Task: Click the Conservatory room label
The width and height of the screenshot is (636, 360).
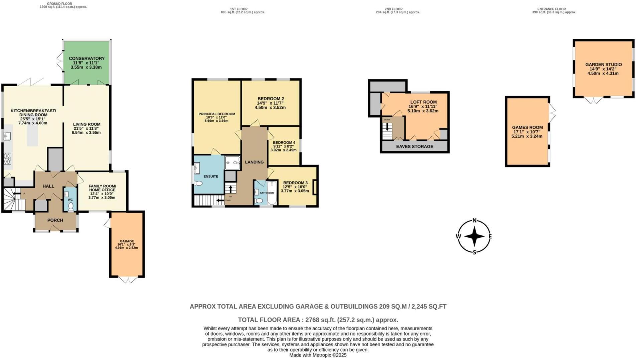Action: point(87,58)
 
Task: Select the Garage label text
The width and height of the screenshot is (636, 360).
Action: point(127,241)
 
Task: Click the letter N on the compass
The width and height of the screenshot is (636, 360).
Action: point(474,220)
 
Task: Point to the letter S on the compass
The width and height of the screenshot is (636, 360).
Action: point(474,252)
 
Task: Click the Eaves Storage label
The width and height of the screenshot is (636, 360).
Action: point(415,146)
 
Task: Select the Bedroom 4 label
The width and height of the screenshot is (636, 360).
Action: point(284,142)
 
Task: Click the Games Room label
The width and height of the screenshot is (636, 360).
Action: point(527,127)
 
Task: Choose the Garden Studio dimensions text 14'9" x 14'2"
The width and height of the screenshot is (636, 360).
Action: point(603,69)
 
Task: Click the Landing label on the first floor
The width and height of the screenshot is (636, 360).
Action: point(254,162)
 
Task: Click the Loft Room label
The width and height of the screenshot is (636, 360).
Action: point(423,102)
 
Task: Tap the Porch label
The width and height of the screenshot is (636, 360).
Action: point(55,220)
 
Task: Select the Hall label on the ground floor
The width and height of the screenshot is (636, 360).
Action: point(48,186)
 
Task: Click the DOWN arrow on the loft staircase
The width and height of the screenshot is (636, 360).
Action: point(387,127)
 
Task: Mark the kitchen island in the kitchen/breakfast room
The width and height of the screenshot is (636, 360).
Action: point(32,135)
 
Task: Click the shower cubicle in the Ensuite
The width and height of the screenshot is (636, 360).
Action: point(232,163)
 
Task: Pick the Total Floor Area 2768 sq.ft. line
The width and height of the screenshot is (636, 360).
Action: point(318,320)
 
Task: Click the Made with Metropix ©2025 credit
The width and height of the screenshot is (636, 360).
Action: point(318,355)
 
